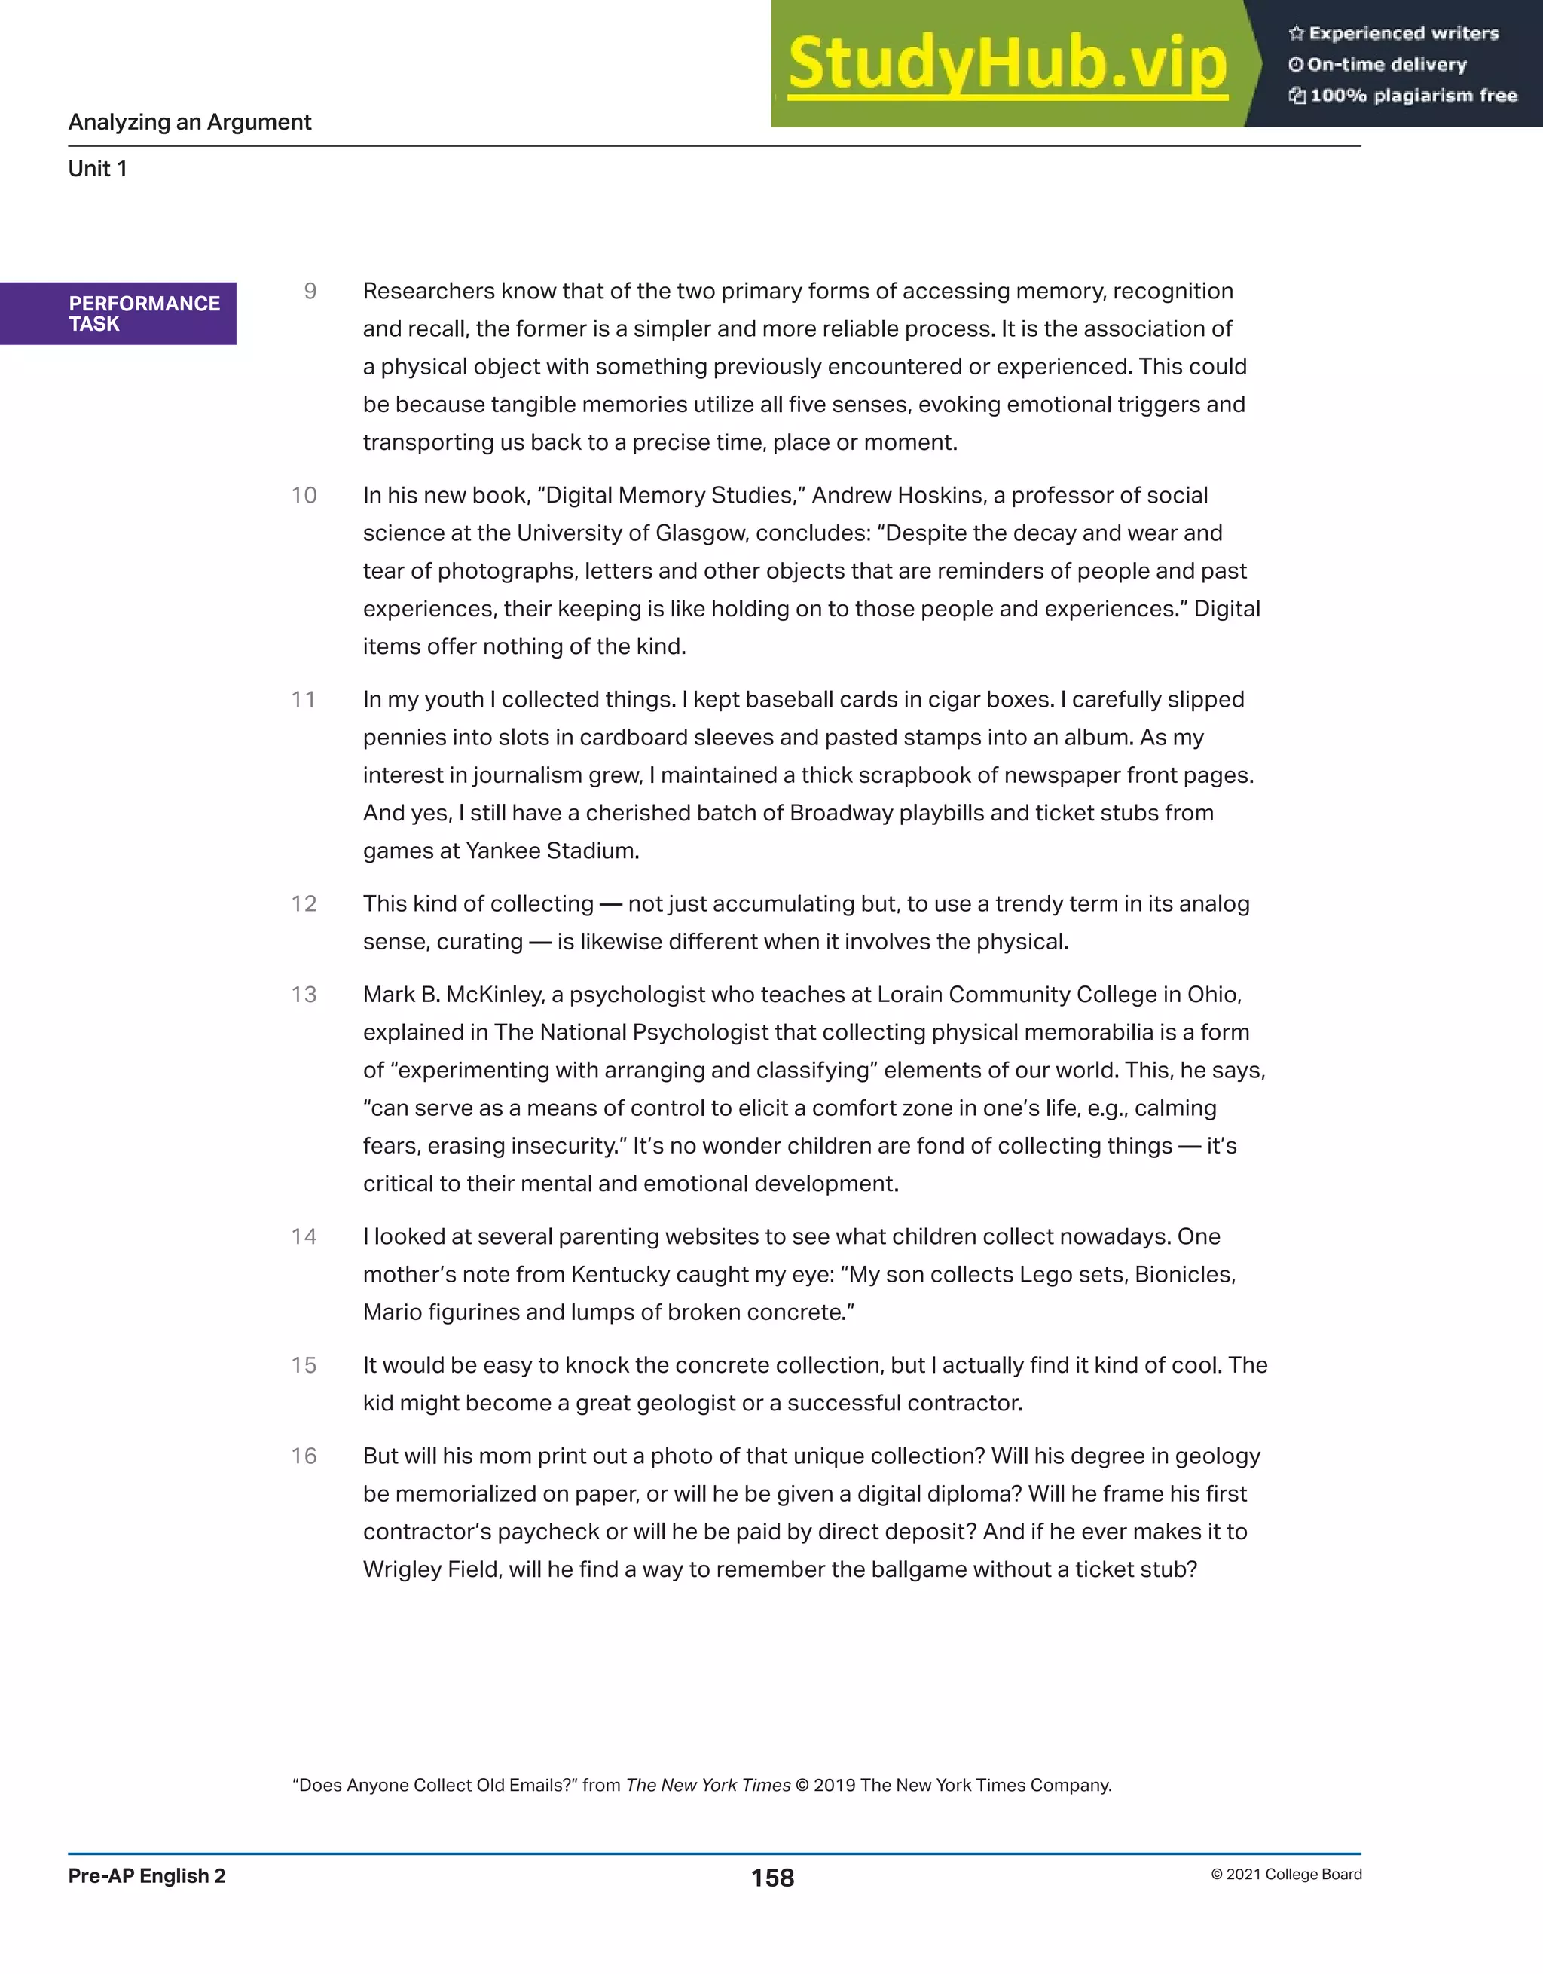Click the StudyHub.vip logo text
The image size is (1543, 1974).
(x=1007, y=63)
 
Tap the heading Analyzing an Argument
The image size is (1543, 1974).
(x=190, y=122)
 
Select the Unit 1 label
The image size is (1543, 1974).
(x=98, y=169)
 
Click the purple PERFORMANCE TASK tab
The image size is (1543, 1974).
(x=118, y=313)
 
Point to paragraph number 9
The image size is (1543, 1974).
(x=310, y=291)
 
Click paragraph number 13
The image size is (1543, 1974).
(x=304, y=995)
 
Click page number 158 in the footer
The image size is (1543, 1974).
(x=772, y=1878)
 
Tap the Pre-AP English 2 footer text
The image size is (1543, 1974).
(x=146, y=1876)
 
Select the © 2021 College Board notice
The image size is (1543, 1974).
(x=1285, y=1875)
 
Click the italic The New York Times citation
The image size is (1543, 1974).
(x=707, y=1785)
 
